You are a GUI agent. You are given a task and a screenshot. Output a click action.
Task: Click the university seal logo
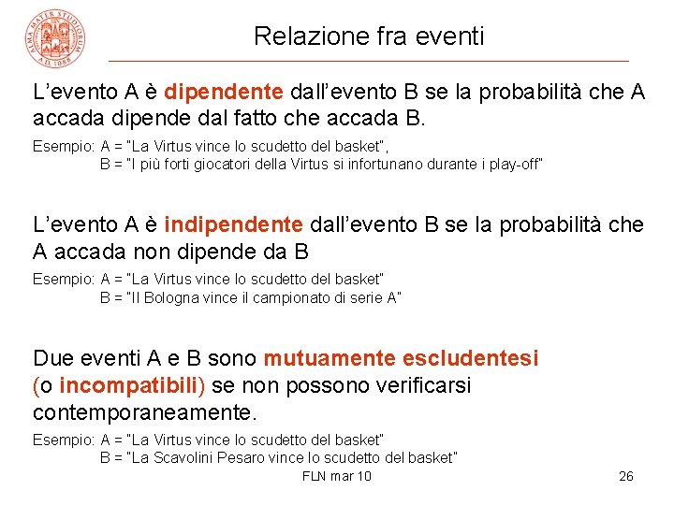pyautogui.click(x=56, y=37)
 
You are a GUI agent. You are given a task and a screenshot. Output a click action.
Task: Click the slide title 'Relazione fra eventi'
pyautogui.click(x=369, y=36)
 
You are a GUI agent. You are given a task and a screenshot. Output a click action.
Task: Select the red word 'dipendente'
pyautogui.click(x=223, y=92)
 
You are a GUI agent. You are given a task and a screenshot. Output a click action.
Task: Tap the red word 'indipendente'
pyautogui.click(x=233, y=225)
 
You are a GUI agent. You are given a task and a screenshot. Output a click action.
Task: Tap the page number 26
pyautogui.click(x=626, y=476)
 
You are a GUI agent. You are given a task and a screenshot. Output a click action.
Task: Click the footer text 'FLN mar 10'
pyautogui.click(x=337, y=476)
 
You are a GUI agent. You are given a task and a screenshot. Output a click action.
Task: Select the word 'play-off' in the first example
pyautogui.click(x=512, y=165)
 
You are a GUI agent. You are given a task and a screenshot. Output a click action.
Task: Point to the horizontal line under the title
pyautogui.click(x=369, y=61)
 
